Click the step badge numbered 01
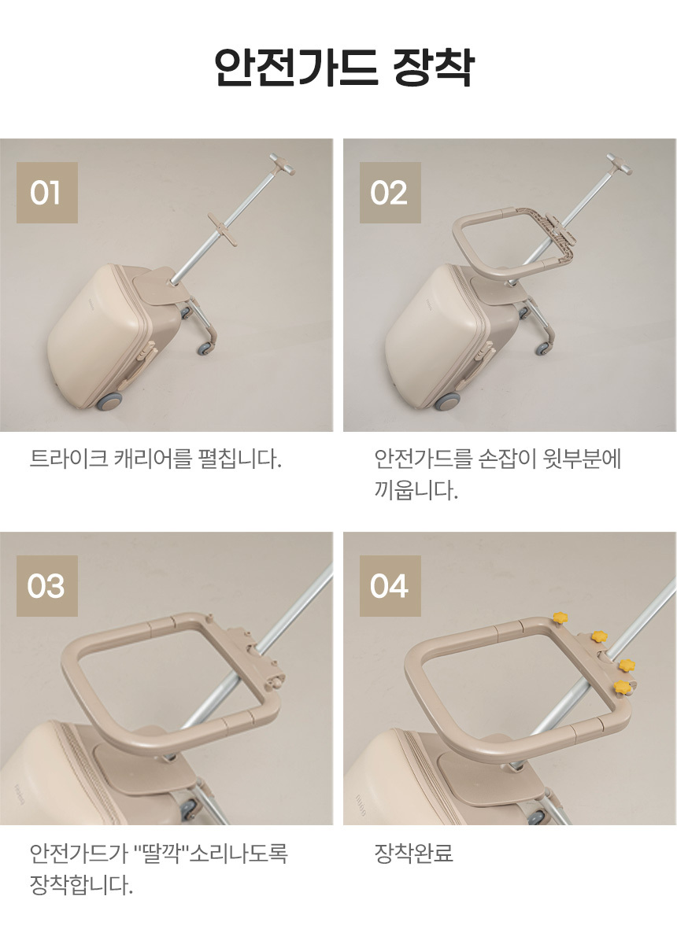46,193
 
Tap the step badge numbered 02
390,193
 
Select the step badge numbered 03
46,586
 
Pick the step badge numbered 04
390,586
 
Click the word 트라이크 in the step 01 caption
68,459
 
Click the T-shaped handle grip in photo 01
282,164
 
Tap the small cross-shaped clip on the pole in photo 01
222,228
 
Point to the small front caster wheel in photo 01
204,348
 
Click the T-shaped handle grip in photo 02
620,164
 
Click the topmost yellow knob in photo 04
560,618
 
